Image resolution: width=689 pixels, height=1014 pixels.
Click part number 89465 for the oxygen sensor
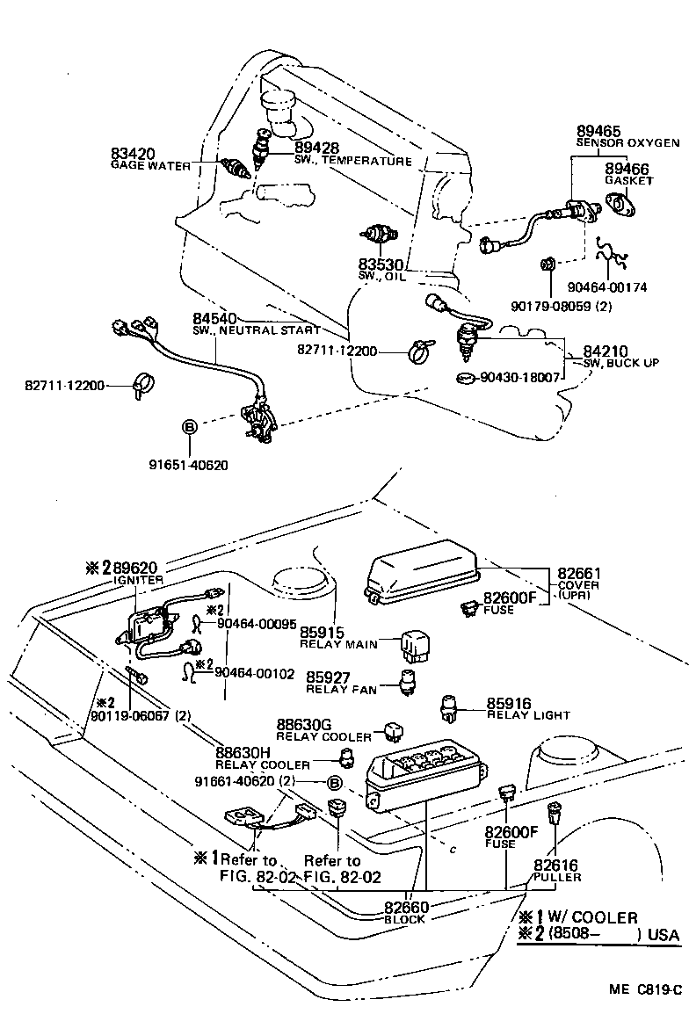tap(598, 131)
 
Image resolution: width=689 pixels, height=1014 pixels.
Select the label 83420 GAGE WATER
tap(151, 159)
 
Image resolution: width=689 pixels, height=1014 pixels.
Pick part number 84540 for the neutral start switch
tap(214, 319)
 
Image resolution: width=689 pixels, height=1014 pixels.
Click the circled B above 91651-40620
tap(190, 427)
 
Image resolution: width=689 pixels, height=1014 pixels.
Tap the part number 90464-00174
tap(607, 287)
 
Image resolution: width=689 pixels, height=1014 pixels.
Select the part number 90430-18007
tap(519, 377)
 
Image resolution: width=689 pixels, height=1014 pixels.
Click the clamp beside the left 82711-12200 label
tap(143, 386)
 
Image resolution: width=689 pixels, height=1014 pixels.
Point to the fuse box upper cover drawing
tap(420, 572)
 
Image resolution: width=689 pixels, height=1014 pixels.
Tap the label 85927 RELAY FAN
tap(341, 683)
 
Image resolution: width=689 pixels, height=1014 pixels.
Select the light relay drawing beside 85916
tap(449, 709)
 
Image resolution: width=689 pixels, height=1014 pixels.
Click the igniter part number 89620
tap(135, 568)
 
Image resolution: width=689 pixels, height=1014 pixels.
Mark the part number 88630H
tap(243, 753)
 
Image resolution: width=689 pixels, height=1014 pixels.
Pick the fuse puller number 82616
tap(555, 866)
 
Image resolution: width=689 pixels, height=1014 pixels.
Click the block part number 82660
tap(406, 908)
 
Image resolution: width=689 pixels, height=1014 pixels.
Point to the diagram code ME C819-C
tap(645, 989)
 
